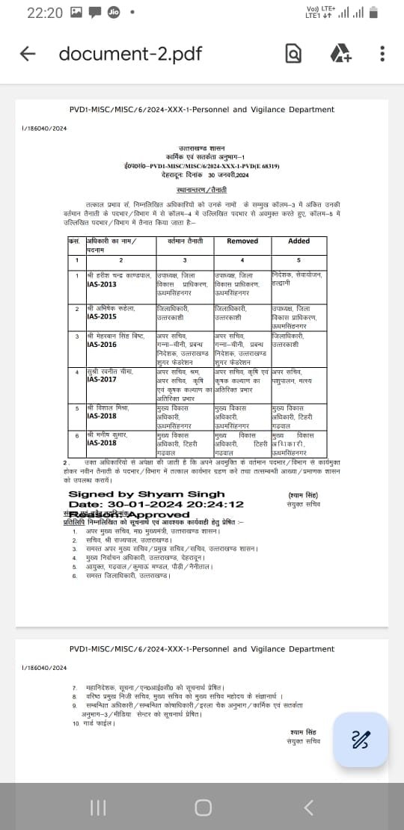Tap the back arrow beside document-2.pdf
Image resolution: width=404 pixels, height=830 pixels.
point(28,54)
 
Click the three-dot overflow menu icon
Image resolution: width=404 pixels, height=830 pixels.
point(382,54)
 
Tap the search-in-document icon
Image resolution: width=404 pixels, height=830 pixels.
point(294,54)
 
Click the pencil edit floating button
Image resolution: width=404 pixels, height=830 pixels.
point(361,719)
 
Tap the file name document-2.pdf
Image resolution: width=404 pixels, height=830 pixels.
point(129,54)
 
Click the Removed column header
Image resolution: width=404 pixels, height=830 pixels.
point(242,241)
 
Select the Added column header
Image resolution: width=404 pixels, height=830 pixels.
point(299,241)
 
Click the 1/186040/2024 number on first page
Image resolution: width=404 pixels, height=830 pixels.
point(44,129)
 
